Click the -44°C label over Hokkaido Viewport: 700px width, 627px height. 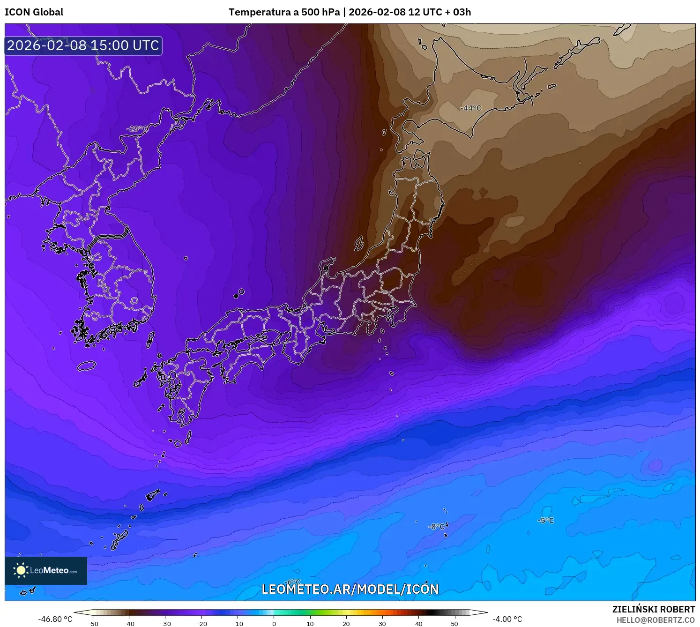[471, 108]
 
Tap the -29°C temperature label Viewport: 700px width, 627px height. [137, 129]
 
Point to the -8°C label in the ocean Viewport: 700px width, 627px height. [436, 527]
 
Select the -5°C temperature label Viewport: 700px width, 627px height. [546, 521]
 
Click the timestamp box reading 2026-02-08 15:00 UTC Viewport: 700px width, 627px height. [83, 45]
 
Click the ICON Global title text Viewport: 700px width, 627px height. [34, 12]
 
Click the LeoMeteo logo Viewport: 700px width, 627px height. [46, 570]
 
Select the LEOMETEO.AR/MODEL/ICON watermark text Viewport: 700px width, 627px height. [350, 589]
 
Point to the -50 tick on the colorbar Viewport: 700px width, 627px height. [93, 624]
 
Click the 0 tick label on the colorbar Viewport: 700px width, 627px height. [274, 624]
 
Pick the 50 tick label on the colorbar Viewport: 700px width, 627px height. [454, 624]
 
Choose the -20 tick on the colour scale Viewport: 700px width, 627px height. [201, 624]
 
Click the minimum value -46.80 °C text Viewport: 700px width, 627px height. [55, 619]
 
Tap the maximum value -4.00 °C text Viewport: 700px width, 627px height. [507, 619]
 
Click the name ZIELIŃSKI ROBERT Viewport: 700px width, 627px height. [654, 609]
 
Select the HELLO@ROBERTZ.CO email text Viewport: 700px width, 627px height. [655, 620]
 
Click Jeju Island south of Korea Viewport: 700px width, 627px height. [86, 366]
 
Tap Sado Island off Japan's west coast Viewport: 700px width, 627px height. [359, 243]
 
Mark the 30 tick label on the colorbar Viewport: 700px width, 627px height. [382, 624]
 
